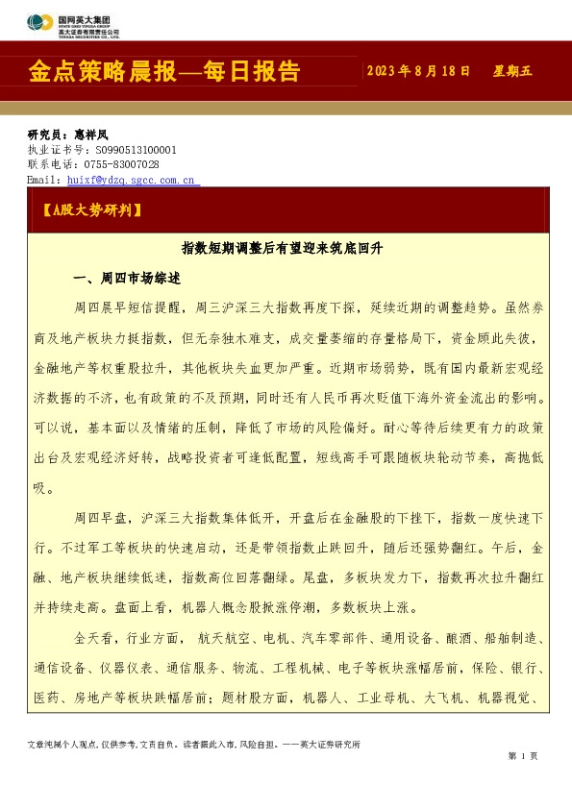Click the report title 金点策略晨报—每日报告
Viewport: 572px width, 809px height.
point(164,72)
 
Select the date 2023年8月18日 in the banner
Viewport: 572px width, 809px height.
point(418,71)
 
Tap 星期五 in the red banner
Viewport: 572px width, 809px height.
point(512,71)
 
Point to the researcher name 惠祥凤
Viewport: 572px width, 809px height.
point(91,135)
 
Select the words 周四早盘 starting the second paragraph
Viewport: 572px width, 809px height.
point(99,518)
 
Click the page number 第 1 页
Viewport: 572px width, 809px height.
point(522,756)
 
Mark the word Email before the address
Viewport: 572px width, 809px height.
point(43,180)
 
